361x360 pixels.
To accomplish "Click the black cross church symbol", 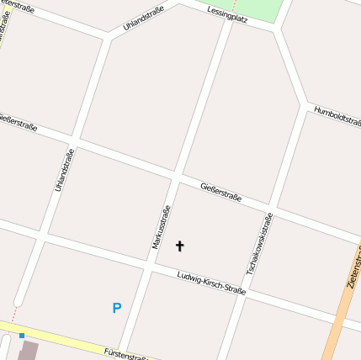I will (179, 246).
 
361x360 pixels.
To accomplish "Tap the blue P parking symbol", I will (117, 309).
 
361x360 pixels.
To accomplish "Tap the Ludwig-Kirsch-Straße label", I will (211, 283).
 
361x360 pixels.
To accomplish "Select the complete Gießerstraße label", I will (220, 192).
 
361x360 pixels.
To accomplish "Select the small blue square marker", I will (22, 336).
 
